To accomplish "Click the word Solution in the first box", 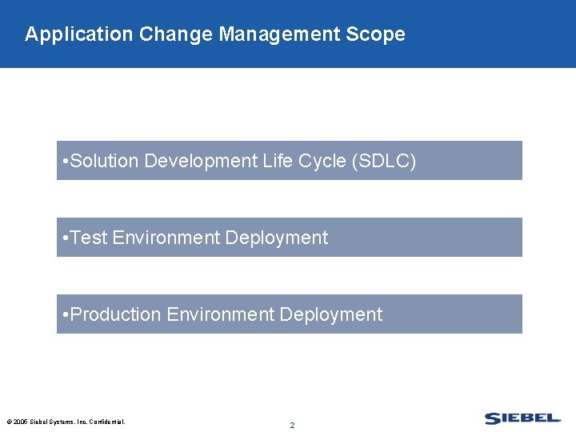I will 105,161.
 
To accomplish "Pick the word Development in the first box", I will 200,161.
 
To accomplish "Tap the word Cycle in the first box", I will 322,161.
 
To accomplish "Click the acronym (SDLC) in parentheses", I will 384,161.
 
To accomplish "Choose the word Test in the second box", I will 90,238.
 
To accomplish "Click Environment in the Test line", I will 166,238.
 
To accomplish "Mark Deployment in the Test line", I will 277,238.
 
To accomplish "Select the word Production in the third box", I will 116,314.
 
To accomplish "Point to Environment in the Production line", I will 221,314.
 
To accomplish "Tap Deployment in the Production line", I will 331,314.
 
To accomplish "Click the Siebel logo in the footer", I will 522,418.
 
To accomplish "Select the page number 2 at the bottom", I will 292,425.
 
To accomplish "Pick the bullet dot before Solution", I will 64,162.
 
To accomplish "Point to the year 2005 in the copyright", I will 20,422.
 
